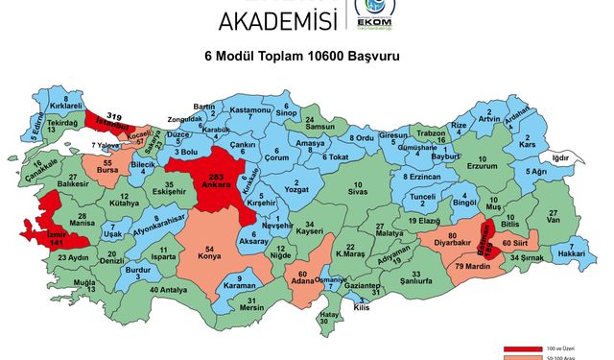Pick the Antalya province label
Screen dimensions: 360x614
[168, 291]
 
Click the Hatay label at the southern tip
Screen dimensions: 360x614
[329, 318]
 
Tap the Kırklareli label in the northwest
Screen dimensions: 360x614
[66, 106]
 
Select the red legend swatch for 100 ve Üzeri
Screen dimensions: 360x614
[524, 348]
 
